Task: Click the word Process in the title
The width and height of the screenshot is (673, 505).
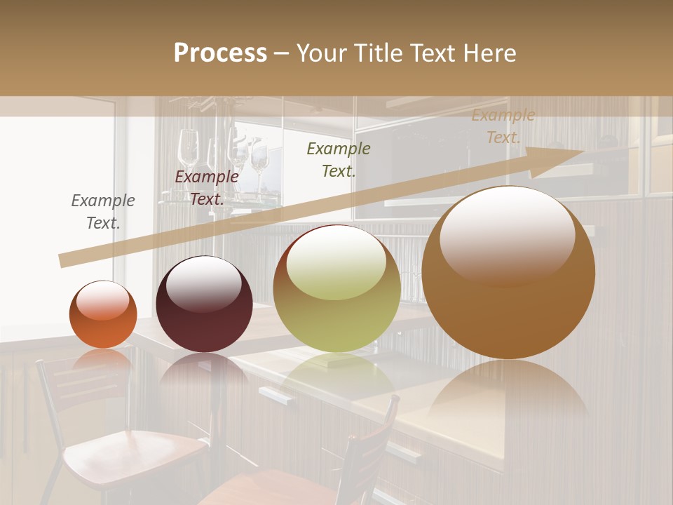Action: (220, 53)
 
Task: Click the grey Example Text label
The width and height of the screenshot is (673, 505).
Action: (103, 211)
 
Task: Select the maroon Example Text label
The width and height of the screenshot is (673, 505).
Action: (207, 187)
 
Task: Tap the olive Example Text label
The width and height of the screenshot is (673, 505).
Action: (339, 159)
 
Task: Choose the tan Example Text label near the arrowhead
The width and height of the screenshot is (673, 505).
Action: (503, 126)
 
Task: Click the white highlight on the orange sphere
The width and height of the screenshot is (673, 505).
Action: (102, 299)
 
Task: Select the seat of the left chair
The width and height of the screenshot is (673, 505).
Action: (133, 449)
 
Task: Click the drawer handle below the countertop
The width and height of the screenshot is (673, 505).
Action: (278, 397)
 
